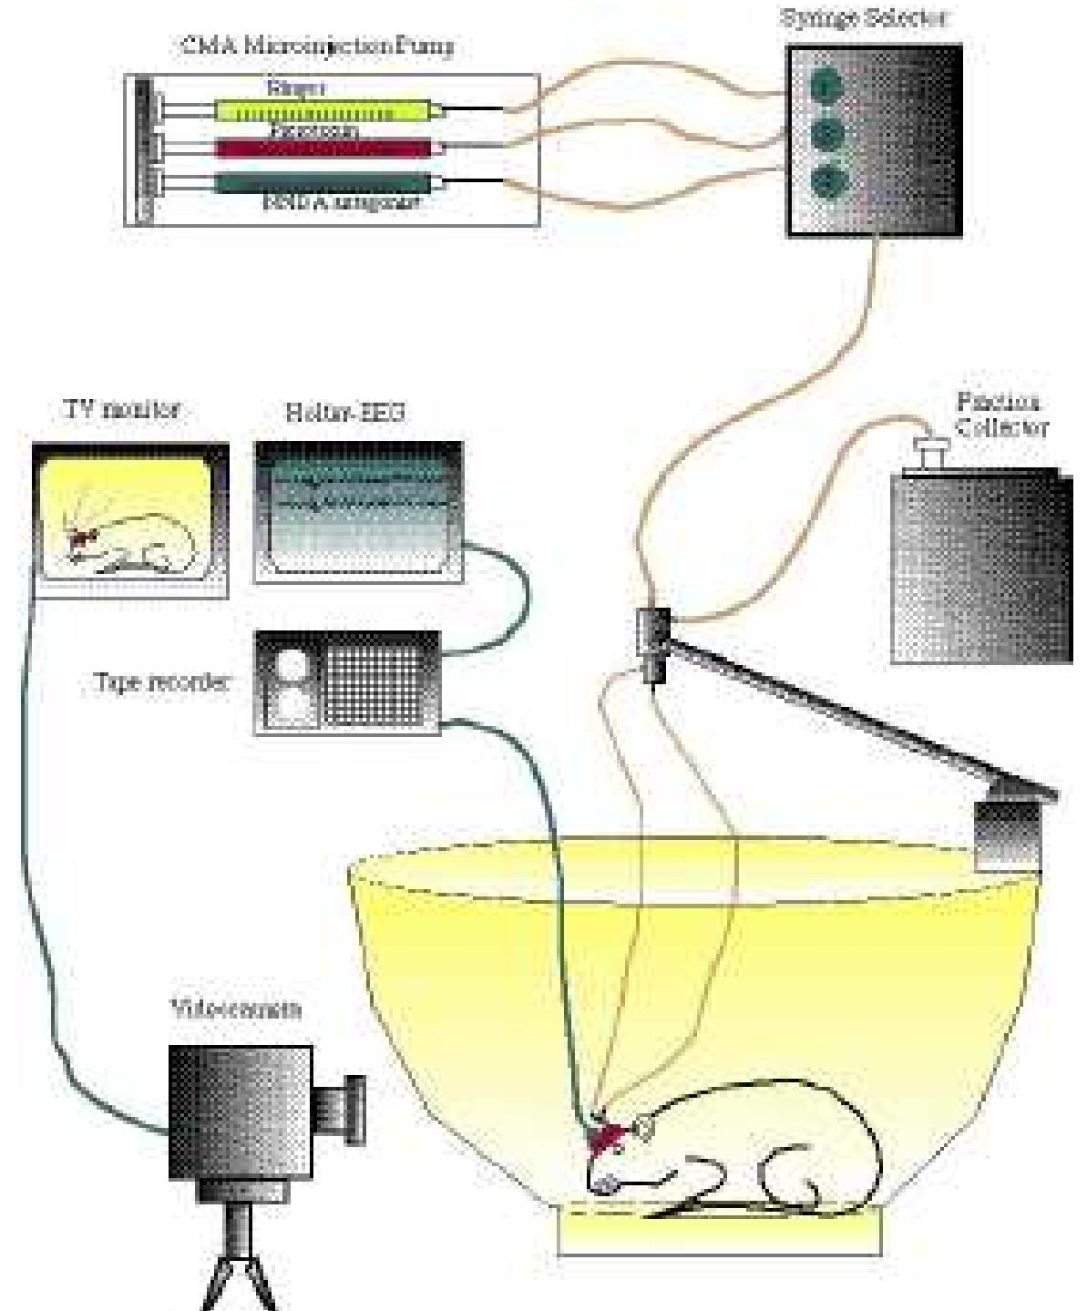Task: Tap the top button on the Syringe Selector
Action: (826, 87)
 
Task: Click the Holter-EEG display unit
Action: (358, 510)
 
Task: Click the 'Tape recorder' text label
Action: (162, 682)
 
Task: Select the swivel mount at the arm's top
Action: (653, 643)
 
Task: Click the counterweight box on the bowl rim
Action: (1007, 835)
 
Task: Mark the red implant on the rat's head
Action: (606, 1139)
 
